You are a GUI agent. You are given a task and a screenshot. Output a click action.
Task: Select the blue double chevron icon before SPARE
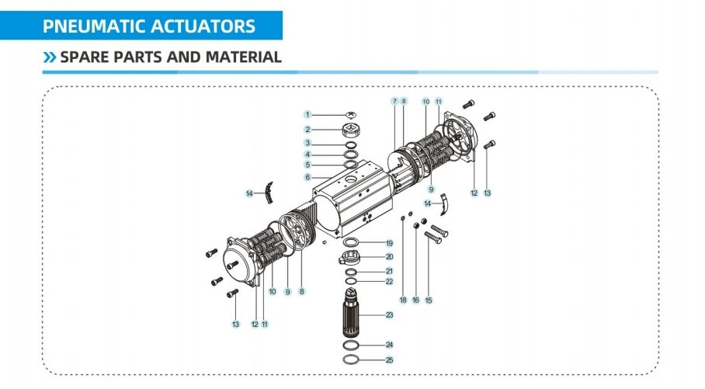50,57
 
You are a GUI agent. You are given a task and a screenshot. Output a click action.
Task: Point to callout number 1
307,115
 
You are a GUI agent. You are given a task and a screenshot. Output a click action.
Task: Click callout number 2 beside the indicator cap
307,130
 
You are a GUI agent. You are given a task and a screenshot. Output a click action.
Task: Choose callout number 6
307,177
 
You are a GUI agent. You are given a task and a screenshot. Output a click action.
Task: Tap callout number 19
390,244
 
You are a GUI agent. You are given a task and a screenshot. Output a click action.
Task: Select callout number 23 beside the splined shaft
390,314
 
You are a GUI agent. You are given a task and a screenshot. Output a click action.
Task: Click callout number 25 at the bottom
390,359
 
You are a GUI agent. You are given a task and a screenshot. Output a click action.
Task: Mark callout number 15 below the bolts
428,300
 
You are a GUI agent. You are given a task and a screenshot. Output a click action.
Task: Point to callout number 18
403,300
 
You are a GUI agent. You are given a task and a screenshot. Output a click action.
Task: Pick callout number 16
415,300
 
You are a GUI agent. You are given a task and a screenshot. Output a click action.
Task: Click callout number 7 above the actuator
394,102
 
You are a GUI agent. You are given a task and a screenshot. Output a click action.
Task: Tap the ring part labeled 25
352,359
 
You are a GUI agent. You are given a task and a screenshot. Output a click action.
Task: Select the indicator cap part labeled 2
352,129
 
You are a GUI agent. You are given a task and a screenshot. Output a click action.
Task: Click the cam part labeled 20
351,258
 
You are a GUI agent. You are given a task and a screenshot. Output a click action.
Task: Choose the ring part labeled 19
351,244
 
